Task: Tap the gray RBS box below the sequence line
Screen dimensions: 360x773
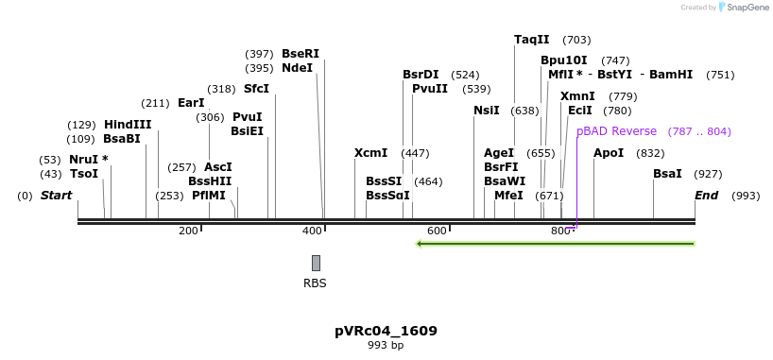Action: [x=316, y=263]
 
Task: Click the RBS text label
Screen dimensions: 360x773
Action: [x=315, y=283]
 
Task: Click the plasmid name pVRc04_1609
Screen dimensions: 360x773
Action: [x=386, y=331]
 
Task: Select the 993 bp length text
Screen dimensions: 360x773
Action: [x=386, y=346]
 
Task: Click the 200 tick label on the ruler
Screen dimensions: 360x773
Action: [x=188, y=231]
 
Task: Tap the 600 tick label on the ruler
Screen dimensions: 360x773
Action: [x=437, y=231]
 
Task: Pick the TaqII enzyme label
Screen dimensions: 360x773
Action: [x=531, y=40]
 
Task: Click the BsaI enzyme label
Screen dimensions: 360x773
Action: [x=667, y=174]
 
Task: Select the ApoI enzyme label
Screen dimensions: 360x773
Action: [x=609, y=153]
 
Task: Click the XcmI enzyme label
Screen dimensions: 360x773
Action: [x=370, y=153]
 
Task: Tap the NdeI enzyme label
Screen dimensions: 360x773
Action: [x=297, y=68]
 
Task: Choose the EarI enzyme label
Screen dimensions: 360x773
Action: [x=191, y=103]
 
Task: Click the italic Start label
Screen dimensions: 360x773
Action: [x=56, y=196]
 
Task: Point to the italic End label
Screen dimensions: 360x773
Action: [x=707, y=196]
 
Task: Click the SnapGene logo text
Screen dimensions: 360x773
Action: [x=747, y=8]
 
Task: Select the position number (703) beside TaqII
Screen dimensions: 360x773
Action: [x=576, y=40]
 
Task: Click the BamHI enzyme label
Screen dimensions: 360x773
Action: [x=671, y=75]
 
